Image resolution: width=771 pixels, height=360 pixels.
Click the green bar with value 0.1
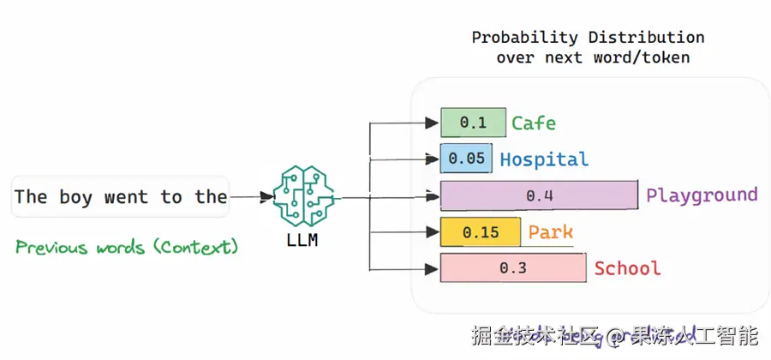pyautogui.click(x=473, y=123)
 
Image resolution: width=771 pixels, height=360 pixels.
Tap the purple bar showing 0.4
pyautogui.click(x=539, y=195)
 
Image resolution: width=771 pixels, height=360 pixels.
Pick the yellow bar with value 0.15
pyautogui.click(x=481, y=232)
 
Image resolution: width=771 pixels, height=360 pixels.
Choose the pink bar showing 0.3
pyautogui.click(x=512, y=268)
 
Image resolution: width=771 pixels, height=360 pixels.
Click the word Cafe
pyautogui.click(x=534, y=123)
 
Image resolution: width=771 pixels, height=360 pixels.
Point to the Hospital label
pyautogui.click(x=544, y=159)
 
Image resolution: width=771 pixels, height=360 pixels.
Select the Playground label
pyautogui.click(x=702, y=195)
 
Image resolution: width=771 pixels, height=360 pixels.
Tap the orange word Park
pyautogui.click(x=551, y=232)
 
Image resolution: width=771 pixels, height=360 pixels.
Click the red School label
pyautogui.click(x=628, y=268)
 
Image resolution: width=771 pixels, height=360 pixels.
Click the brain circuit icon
pyautogui.click(x=302, y=196)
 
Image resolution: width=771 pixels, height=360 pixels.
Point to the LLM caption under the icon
pyautogui.click(x=302, y=241)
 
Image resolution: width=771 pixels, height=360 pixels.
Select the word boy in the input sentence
pyautogui.click(x=75, y=197)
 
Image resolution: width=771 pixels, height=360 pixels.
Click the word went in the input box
pyautogui.click(x=126, y=197)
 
